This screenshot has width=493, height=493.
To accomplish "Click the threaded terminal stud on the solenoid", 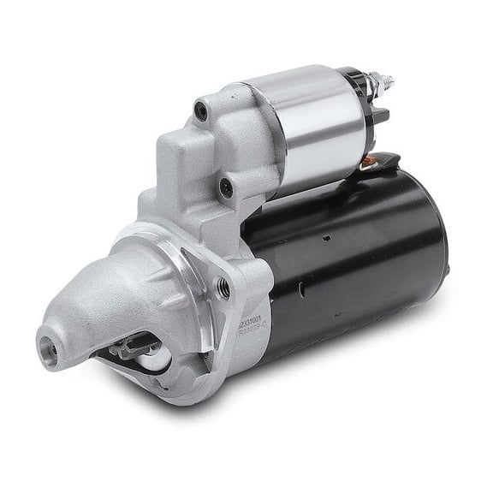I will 388,82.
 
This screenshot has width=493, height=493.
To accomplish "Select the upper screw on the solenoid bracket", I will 203,110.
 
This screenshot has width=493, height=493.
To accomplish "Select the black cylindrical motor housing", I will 359,257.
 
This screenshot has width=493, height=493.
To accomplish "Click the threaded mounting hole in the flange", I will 223,289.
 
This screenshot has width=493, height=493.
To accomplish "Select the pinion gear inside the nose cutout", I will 127,348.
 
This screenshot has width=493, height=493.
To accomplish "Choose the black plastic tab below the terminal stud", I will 379,114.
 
